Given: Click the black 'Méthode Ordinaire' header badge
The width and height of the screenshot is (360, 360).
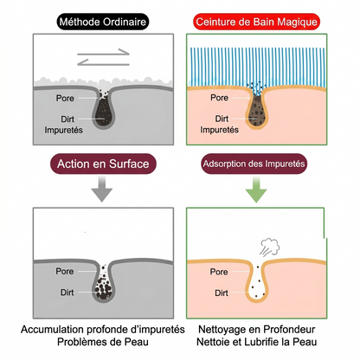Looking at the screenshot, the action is [103, 22].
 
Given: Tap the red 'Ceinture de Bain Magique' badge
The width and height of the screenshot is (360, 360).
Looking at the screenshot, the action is [256, 22].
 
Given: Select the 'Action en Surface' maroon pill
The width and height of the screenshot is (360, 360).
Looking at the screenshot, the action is [103, 164].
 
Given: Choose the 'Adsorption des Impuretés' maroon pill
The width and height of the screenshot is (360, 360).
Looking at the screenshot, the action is [254, 164].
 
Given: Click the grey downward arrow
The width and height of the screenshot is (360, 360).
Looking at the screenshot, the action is [102, 190].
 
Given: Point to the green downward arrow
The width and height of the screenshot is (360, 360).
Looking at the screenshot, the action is [256, 190].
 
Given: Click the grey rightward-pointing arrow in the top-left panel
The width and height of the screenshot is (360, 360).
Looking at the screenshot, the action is [103, 52].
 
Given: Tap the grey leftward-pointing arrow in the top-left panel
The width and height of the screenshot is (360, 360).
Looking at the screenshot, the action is [103, 62].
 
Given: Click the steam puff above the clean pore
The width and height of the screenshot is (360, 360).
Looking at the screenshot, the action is [270, 247].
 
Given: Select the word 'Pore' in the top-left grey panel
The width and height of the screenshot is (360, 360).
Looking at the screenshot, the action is [65, 98].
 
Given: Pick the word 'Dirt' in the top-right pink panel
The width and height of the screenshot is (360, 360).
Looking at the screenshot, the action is [222, 119].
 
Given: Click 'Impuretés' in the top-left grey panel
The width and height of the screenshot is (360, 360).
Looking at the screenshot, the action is [63, 130].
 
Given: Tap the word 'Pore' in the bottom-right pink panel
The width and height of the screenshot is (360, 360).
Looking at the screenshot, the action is [219, 272].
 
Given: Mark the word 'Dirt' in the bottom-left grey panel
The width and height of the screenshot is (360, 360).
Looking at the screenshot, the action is [67, 292].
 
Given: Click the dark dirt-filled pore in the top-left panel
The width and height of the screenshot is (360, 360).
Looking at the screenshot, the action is [103, 110].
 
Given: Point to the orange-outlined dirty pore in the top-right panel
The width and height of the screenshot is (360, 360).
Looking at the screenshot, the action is [257, 111].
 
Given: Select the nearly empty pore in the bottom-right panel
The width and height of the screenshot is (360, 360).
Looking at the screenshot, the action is [257, 283].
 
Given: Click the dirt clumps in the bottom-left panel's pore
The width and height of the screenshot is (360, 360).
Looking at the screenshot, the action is [103, 288].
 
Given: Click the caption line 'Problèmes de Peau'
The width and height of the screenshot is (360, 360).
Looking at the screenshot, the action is [103, 342].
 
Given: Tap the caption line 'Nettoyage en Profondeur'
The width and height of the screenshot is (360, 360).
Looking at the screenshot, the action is [256, 329].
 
